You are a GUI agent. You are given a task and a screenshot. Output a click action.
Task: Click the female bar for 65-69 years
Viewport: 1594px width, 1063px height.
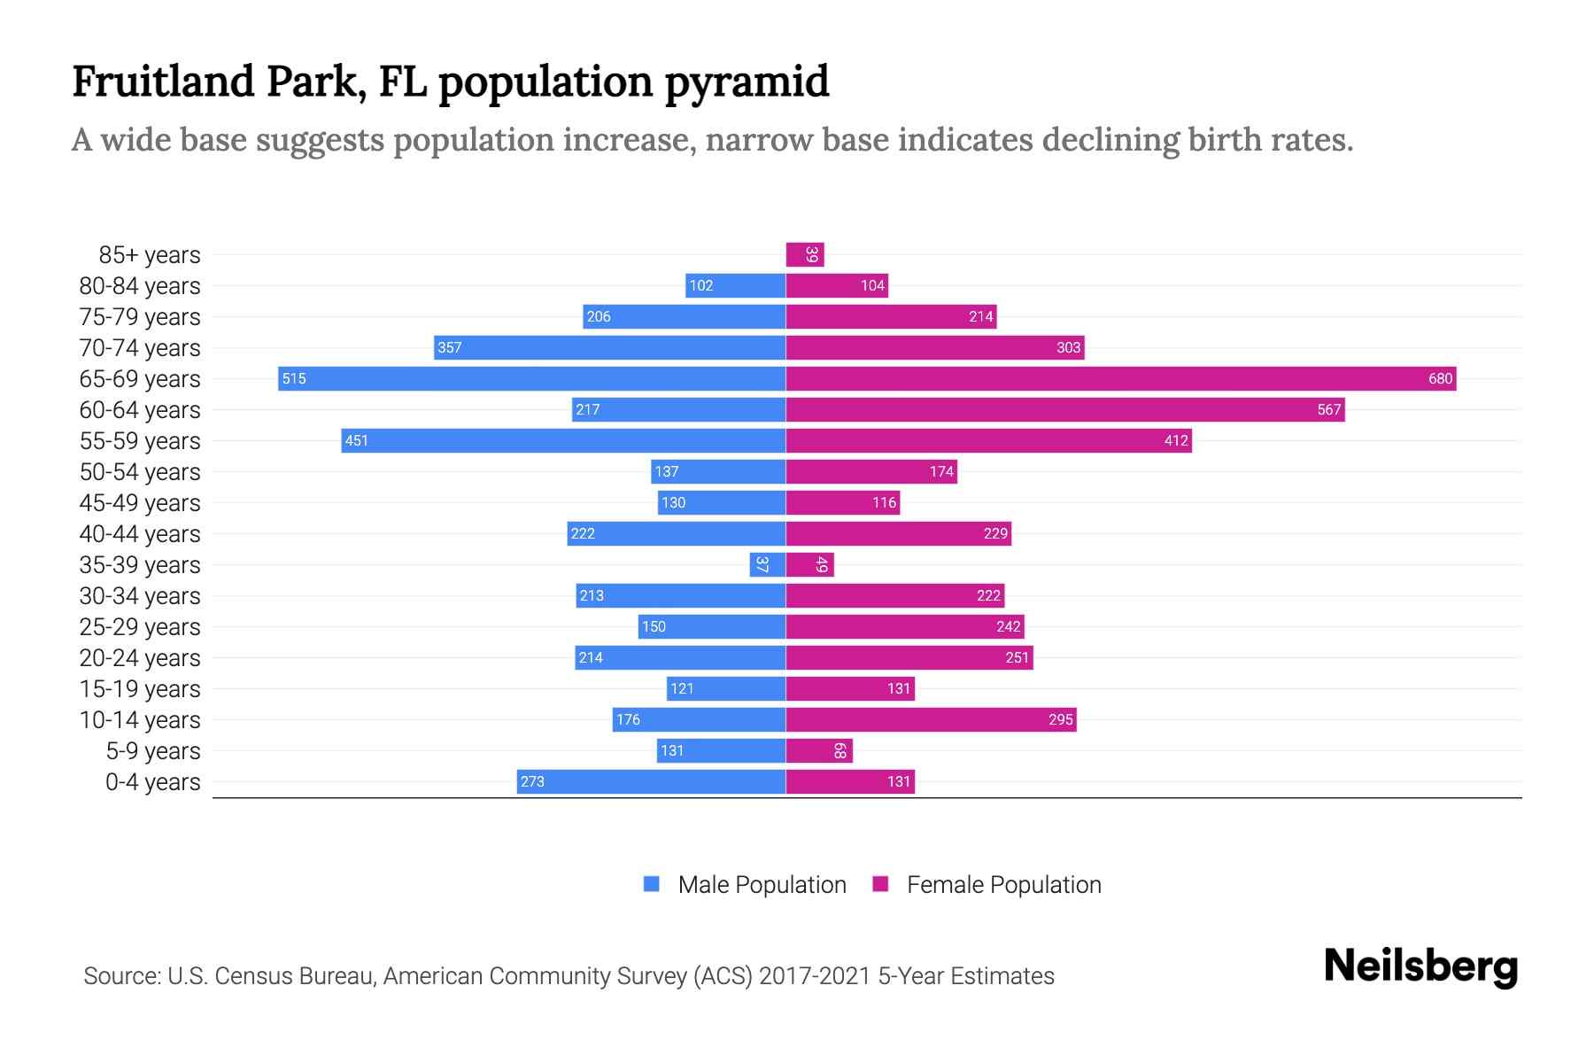pos(1120,379)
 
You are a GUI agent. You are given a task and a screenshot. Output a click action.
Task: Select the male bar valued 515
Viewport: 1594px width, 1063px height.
pos(531,379)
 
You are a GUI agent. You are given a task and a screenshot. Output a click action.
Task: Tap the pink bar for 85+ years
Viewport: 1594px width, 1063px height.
pos(805,255)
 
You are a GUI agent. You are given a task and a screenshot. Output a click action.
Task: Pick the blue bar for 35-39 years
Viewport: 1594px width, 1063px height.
pos(767,565)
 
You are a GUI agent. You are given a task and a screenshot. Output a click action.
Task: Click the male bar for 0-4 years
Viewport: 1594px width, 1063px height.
pos(651,782)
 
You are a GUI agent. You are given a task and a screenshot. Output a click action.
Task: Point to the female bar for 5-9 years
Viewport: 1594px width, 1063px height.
pos(819,751)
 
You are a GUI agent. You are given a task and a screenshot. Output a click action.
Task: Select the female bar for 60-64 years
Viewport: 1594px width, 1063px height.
pos(1064,410)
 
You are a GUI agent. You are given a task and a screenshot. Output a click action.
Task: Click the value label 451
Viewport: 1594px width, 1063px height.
pos(356,441)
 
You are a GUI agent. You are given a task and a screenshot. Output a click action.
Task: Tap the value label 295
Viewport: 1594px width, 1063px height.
pos(1060,720)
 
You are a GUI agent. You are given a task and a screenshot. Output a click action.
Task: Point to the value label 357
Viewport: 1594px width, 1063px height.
pos(449,348)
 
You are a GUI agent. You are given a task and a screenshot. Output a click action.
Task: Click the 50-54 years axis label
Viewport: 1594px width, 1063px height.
pos(140,472)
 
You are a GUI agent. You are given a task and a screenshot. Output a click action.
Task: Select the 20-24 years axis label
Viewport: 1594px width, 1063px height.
pos(140,658)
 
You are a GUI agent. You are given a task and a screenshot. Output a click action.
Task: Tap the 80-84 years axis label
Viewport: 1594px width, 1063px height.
pos(140,286)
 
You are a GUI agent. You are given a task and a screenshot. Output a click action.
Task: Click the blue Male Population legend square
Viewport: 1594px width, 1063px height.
pos(652,884)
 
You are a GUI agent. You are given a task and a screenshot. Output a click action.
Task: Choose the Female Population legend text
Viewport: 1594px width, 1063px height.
pos(1003,885)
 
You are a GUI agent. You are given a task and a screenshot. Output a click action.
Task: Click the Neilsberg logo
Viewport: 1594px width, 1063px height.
pos(1420,966)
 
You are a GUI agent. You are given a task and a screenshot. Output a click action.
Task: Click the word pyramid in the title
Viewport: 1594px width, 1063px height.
pos(746,82)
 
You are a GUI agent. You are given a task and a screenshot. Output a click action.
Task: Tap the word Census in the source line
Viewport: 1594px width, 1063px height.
pos(253,976)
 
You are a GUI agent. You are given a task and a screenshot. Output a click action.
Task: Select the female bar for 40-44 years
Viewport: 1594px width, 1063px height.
pos(898,534)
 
